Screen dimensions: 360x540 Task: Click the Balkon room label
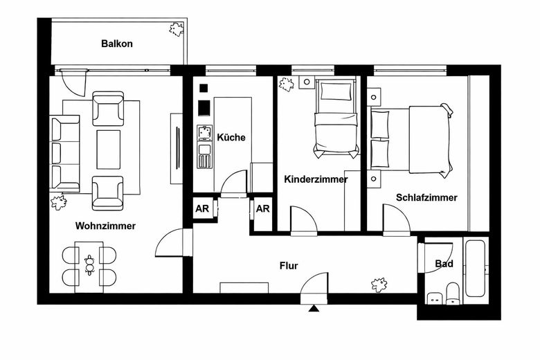click(116, 44)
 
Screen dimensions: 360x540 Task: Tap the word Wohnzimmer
click(105, 226)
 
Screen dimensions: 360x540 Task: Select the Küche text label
click(231, 138)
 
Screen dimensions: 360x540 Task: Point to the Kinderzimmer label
click(316, 179)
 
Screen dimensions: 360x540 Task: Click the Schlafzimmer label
click(426, 198)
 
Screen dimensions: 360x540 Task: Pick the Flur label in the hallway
click(289, 265)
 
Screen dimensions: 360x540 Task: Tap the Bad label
click(444, 264)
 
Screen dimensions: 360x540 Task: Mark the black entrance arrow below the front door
click(315, 309)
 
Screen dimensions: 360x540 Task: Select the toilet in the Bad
click(453, 294)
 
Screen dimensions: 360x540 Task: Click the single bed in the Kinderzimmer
click(336, 118)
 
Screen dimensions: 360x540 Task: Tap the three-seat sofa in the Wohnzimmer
click(65, 153)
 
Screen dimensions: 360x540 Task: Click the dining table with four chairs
click(89, 266)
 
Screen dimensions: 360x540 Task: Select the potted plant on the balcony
click(177, 29)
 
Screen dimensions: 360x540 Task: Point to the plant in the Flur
click(379, 285)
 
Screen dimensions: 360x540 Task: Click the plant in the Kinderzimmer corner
click(285, 84)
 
